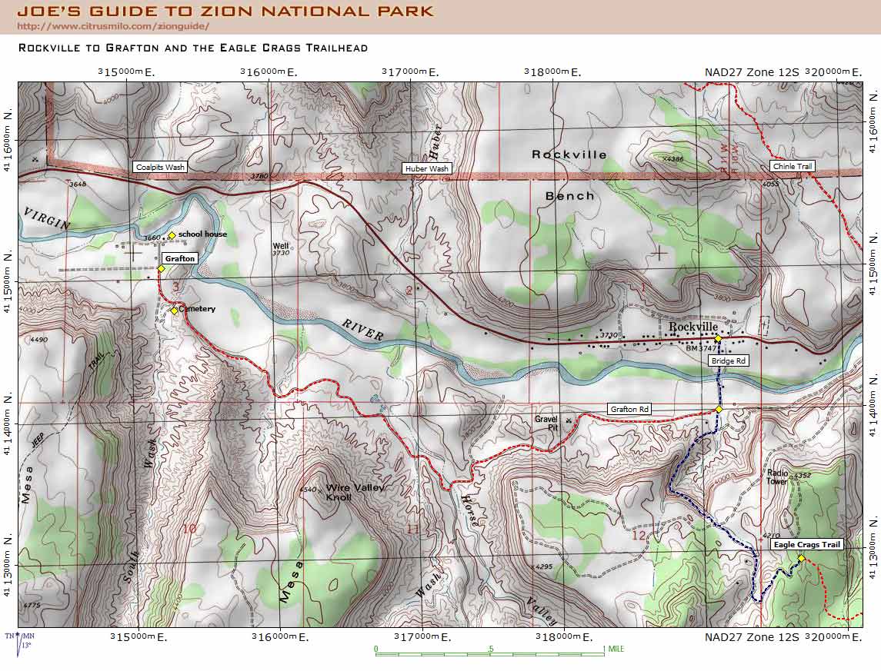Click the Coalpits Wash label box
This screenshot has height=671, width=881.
(x=159, y=167)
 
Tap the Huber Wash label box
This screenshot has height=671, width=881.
(x=427, y=168)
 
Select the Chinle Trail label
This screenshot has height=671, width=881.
(x=792, y=166)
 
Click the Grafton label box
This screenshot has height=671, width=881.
(x=180, y=259)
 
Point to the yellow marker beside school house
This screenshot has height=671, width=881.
(x=172, y=235)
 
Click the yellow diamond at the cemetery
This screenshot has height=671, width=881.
(x=175, y=311)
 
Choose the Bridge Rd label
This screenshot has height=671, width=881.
(x=729, y=360)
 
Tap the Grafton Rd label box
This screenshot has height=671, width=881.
(x=629, y=409)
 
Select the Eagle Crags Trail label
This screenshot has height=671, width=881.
(x=807, y=544)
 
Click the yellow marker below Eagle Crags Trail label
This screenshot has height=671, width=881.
(x=801, y=559)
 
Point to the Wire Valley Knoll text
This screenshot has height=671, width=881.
(x=355, y=492)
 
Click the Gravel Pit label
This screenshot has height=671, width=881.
(x=546, y=424)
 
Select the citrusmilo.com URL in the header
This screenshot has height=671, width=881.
(x=112, y=26)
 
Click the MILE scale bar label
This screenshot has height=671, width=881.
(x=616, y=649)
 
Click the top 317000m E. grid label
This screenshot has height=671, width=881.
(x=410, y=72)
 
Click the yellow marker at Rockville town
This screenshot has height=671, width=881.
(x=717, y=338)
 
